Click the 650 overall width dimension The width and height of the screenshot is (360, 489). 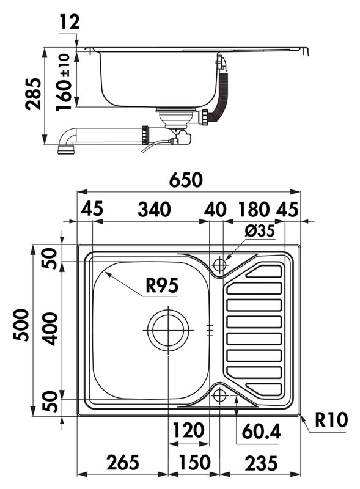tap(186, 180)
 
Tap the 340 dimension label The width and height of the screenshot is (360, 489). tap(154, 209)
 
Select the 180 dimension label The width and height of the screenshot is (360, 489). tap(254, 209)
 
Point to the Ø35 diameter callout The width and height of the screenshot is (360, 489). tap(260, 231)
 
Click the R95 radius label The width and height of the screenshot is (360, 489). tap(162, 285)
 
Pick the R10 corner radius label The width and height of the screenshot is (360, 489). tap(331, 420)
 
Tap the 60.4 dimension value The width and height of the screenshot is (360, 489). tap(262, 432)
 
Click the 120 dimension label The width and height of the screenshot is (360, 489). tap(188, 430)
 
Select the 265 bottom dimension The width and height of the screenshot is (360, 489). tap(123, 463)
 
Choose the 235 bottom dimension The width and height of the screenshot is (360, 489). tap(261, 463)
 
